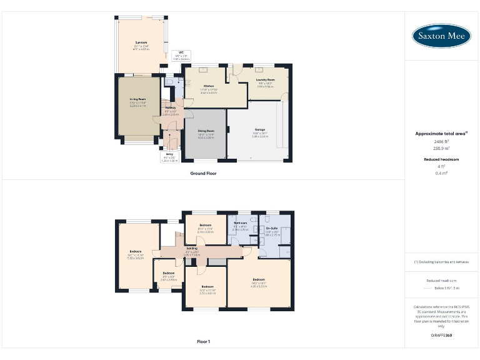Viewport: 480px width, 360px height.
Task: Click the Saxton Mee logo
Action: coord(441,36)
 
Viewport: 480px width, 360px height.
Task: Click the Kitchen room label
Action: coord(209,87)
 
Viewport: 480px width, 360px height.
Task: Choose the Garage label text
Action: coord(259,131)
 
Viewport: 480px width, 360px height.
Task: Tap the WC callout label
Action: coord(181,52)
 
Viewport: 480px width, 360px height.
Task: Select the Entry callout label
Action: coord(169,154)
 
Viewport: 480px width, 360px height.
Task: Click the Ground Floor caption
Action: coord(203,173)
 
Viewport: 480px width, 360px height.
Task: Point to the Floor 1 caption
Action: coord(203,342)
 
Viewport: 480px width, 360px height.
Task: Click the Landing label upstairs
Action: coord(192,249)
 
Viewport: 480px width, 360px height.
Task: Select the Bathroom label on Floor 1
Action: coord(241,223)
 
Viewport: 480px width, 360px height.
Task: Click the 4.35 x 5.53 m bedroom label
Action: coord(259,279)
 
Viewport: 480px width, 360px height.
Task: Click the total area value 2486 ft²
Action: coord(441,142)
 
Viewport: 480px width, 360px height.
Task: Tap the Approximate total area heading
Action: coord(441,134)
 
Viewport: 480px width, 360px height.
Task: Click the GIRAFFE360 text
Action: coord(441,336)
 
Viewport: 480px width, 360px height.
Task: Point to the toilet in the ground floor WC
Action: coord(169,82)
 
